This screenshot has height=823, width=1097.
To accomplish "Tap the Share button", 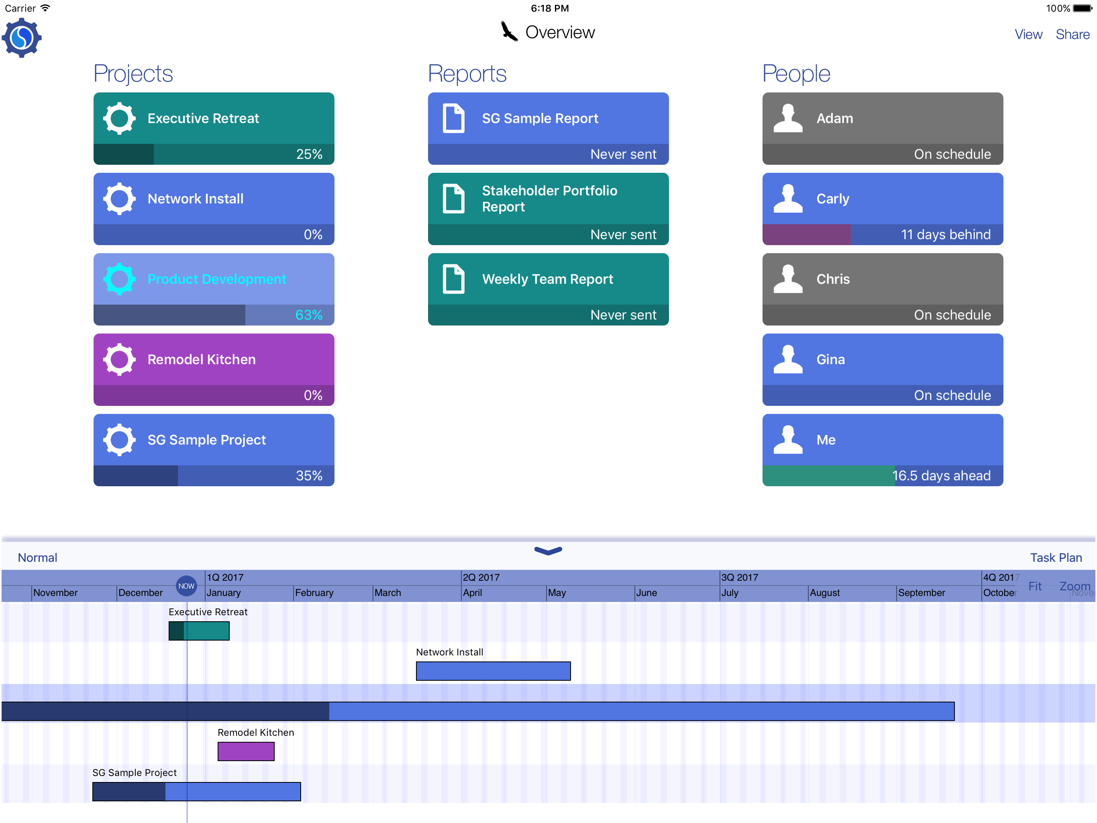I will (x=1072, y=34).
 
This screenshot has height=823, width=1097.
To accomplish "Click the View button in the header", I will (x=1028, y=34).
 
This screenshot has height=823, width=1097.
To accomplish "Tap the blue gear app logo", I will (x=21, y=38).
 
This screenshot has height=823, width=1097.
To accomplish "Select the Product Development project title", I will (x=217, y=279).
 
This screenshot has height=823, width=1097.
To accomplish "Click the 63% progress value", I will (x=308, y=315).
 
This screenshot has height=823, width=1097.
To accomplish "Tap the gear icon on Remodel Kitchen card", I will (x=119, y=359).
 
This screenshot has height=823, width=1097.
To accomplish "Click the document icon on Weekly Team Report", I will (x=453, y=279).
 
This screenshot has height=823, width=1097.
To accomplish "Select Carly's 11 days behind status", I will (x=945, y=235).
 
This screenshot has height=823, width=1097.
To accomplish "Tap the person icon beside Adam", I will (x=787, y=118).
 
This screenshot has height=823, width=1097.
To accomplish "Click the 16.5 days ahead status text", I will (x=941, y=475).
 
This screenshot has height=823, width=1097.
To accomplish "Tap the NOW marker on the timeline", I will (x=186, y=586).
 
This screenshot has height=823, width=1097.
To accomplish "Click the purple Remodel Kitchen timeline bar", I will (x=246, y=751).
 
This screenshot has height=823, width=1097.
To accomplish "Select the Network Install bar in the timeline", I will (x=493, y=671).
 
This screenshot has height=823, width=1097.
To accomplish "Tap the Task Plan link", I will (x=1055, y=557).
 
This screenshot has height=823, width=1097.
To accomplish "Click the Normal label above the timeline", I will (x=38, y=557).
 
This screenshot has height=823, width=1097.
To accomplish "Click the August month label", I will (x=825, y=593).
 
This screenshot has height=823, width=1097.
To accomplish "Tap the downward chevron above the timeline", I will (x=548, y=551).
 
